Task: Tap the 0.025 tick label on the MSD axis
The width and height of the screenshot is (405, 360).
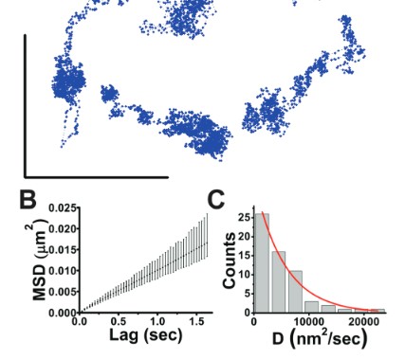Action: [x=61, y=207]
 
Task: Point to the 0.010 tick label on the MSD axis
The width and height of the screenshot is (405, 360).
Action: [x=61, y=270]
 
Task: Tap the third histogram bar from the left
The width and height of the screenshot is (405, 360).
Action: [x=297, y=291]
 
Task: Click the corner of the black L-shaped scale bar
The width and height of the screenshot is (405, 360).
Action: [x=26, y=175]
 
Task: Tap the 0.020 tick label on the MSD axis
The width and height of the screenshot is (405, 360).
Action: [x=61, y=228]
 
